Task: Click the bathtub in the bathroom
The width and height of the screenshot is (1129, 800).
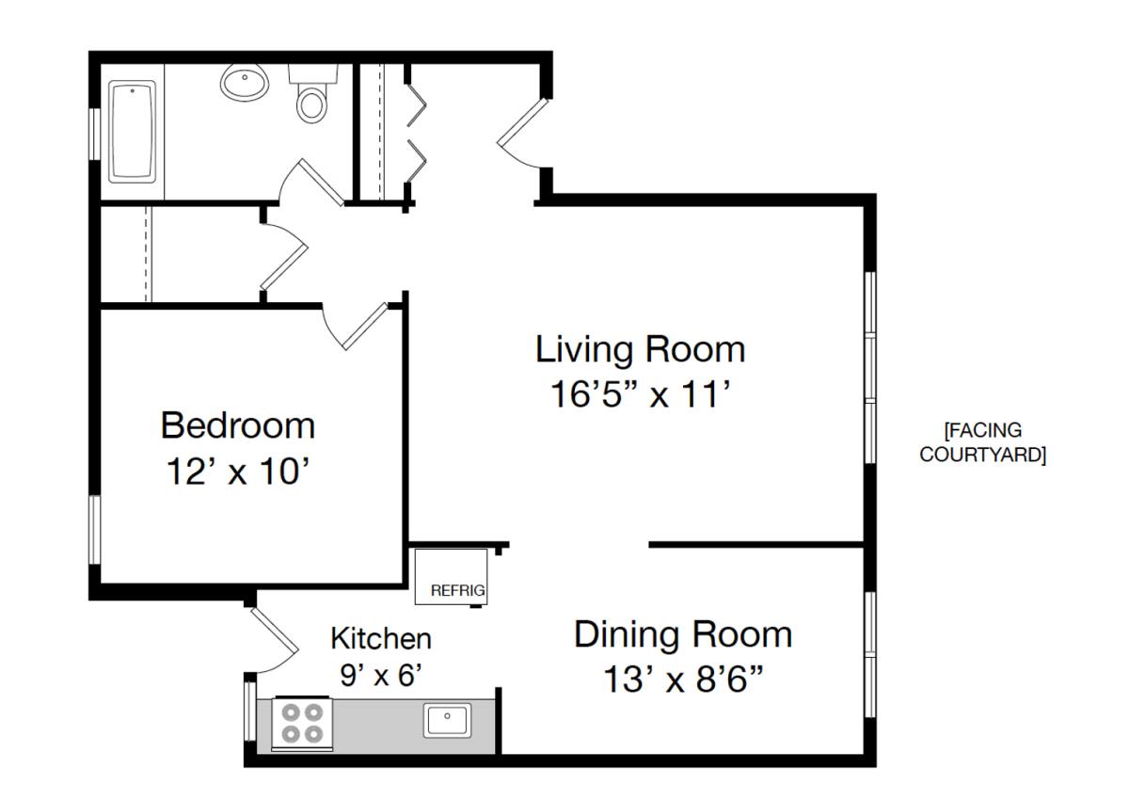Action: point(132,132)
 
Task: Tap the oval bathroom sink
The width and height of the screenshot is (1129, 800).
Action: point(245,83)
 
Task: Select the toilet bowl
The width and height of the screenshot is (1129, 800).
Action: point(311,104)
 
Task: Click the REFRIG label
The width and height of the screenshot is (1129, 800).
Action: point(457,590)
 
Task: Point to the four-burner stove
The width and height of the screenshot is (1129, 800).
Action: point(302,724)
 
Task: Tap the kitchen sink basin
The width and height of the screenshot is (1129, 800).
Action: point(447,720)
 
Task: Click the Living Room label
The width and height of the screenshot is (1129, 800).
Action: point(640,349)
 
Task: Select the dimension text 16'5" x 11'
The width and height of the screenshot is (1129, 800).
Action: point(640,393)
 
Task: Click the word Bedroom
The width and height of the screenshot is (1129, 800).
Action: point(238,426)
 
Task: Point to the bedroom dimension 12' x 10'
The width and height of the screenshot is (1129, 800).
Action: point(237,472)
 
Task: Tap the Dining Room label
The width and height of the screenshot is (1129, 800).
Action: point(683,634)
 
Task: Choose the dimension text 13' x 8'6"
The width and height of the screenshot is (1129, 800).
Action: point(683,679)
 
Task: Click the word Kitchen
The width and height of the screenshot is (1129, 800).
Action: point(381,639)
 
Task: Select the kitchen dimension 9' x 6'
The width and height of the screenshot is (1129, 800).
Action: point(380,675)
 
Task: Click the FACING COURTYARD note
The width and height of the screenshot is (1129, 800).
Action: point(983,442)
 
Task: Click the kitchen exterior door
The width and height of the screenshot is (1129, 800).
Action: point(275,640)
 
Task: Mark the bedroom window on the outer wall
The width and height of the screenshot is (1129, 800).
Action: point(95,529)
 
